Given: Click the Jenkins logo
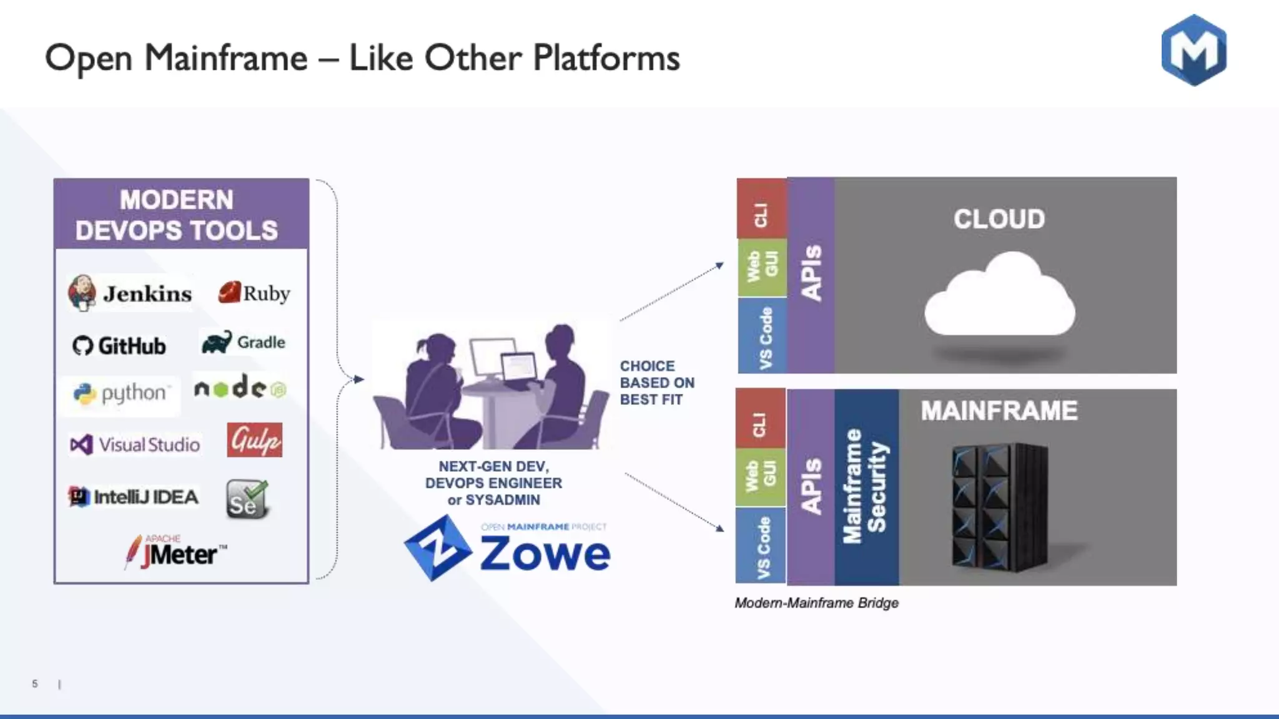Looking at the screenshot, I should pyautogui.click(x=131, y=293).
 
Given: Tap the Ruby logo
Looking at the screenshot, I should pyautogui.click(x=254, y=293).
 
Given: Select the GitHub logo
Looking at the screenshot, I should pyautogui.click(x=119, y=345).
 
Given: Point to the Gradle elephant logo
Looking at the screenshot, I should pyautogui.click(x=217, y=342).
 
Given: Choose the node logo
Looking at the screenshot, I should pyautogui.click(x=240, y=388).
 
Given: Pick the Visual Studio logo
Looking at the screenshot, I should pyautogui.click(x=135, y=444).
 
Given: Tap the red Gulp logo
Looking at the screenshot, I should pyautogui.click(x=254, y=440).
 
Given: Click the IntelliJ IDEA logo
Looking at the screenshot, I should pyautogui.click(x=133, y=497).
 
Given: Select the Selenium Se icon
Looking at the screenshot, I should pyautogui.click(x=247, y=499).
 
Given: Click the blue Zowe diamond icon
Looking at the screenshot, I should pyautogui.click(x=437, y=548).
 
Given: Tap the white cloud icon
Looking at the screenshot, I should pyautogui.click(x=999, y=296).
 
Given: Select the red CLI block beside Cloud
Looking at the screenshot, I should pyautogui.click(x=761, y=209).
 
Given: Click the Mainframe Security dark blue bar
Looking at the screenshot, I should pyautogui.click(x=866, y=487).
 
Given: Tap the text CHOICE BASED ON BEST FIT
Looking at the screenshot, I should pyautogui.click(x=656, y=383).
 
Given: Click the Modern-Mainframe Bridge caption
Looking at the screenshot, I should pyautogui.click(x=816, y=603).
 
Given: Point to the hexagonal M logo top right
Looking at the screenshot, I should pyautogui.click(x=1193, y=50).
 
